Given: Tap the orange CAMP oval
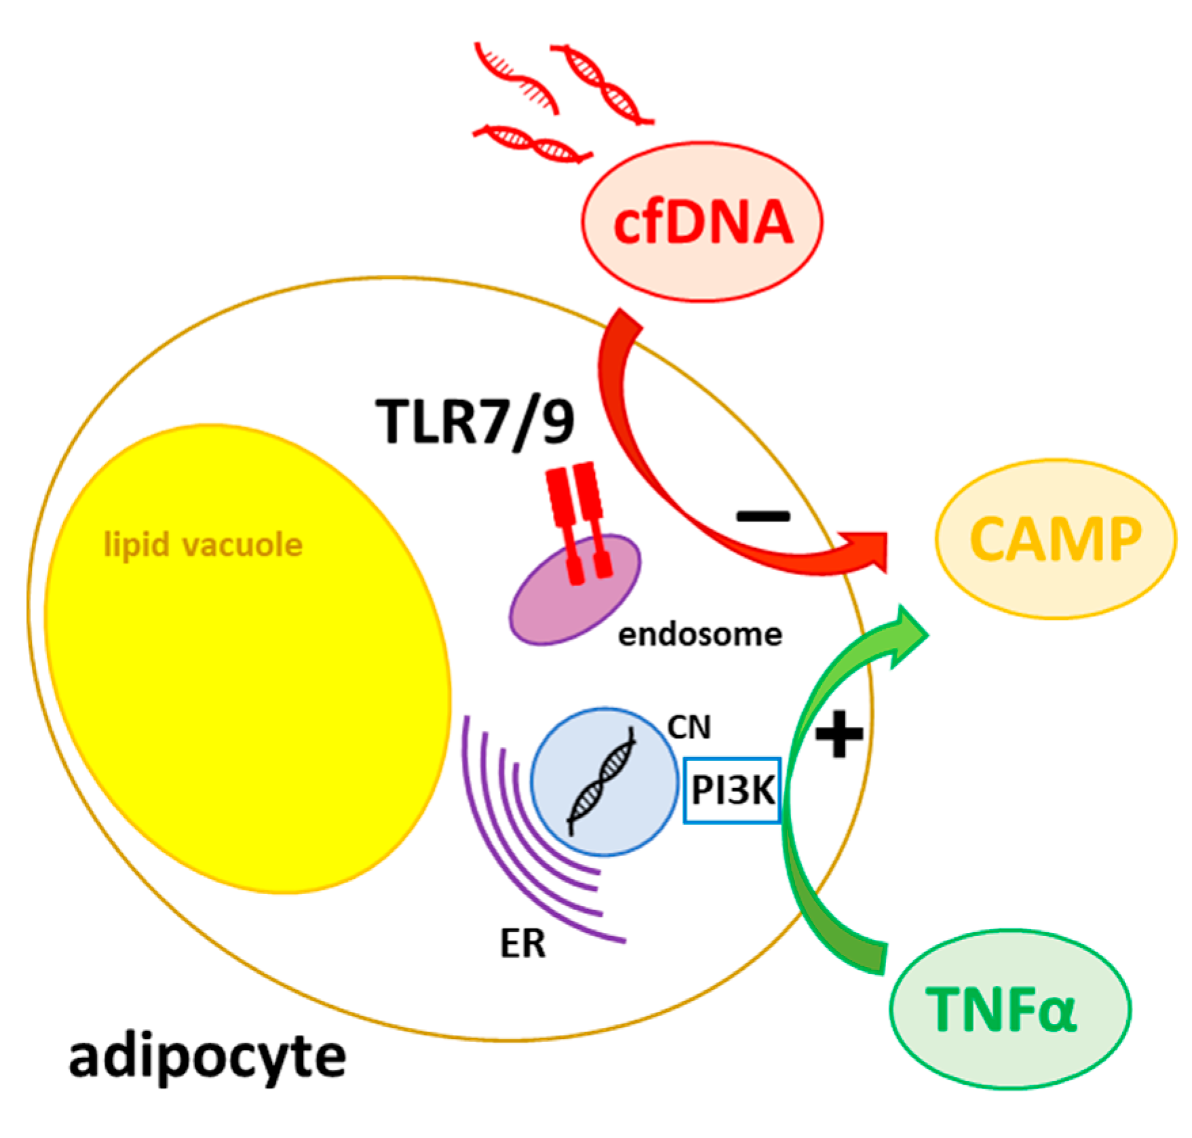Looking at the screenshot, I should [x=1055, y=539].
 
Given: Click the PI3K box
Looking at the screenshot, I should [x=732, y=790].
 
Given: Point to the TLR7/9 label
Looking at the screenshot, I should [x=475, y=423].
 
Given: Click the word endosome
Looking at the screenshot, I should [x=699, y=635].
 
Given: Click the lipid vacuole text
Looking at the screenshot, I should [x=203, y=545].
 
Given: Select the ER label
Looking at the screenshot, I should [x=522, y=943].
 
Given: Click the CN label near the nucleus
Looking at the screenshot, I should [x=689, y=727].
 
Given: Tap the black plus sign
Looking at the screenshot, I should [x=839, y=734].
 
